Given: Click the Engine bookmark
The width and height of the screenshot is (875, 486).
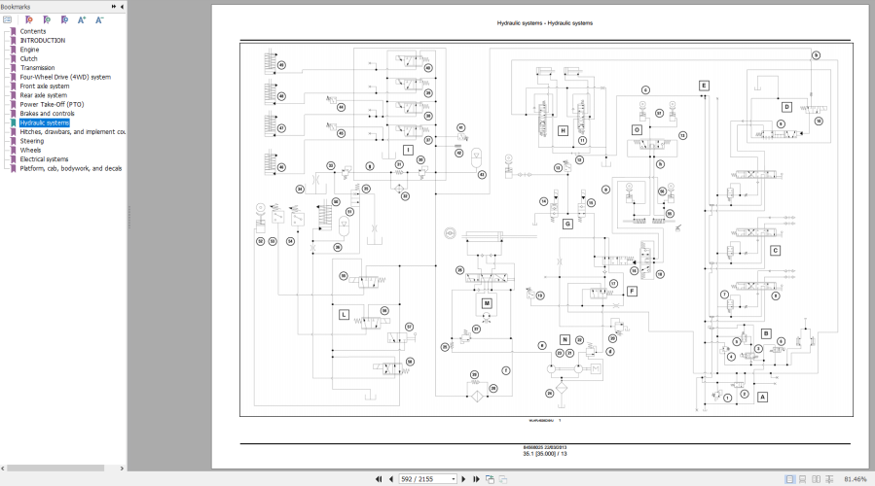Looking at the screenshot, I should [30, 50].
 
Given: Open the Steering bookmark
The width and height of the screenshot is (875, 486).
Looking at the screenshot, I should [32, 141].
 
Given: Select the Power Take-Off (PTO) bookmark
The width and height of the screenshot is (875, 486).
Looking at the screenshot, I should [52, 104].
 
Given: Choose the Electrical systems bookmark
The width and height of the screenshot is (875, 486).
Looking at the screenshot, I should [45, 159].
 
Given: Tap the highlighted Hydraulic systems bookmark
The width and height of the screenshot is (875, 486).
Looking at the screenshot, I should [45, 122].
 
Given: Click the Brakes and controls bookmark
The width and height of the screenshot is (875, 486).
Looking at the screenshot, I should [47, 114].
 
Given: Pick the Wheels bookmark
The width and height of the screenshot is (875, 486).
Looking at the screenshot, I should [31, 151].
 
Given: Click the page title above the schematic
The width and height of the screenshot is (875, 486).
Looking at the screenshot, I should [544, 23].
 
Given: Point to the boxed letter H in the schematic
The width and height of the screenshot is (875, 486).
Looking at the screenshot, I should [563, 130].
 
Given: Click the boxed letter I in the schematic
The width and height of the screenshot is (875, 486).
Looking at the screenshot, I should [408, 150].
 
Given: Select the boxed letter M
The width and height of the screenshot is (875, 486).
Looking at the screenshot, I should [487, 303].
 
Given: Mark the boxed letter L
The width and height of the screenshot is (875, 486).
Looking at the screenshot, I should [344, 315].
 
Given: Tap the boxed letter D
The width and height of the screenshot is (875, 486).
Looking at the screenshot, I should [786, 107].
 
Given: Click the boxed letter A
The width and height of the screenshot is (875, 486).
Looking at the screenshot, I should [762, 397].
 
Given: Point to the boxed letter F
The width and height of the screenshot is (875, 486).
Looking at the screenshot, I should [632, 291].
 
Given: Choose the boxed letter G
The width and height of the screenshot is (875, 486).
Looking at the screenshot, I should [566, 224].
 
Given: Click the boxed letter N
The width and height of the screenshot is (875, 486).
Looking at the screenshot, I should [565, 339].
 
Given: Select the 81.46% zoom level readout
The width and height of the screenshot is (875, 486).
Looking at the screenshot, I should [855, 479].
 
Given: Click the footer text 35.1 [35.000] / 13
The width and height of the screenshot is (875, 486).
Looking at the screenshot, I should [544, 454].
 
